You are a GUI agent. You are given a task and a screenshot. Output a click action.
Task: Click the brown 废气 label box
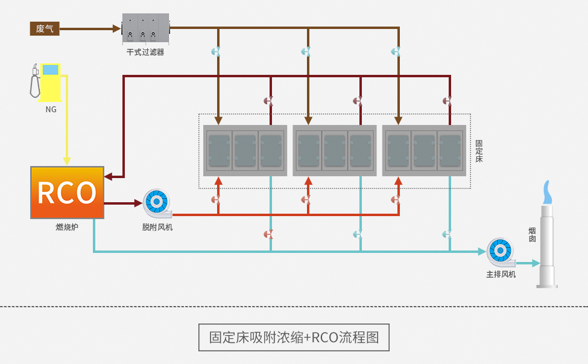point(45,28)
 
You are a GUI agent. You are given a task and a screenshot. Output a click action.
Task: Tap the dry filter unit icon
point(145,28)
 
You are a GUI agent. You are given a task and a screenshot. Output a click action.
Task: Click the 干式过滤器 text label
point(145,53)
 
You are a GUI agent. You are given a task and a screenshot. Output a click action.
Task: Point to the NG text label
point(51,109)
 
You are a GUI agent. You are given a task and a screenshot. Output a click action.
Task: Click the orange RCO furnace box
point(67,193)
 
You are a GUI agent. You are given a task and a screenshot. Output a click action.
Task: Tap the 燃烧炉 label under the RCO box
point(67,227)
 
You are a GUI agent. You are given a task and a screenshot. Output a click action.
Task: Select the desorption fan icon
point(157,203)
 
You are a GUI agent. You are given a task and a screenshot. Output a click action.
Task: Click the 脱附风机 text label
point(157,227)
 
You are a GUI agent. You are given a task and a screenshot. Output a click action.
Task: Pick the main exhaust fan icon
point(501,252)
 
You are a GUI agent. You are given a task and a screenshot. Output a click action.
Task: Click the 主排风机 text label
point(501,274)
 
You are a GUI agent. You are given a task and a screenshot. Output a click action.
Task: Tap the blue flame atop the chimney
point(547,193)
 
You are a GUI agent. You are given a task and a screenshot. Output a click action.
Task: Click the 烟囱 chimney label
point(533,235)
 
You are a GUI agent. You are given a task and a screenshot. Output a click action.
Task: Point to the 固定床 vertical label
point(479,151)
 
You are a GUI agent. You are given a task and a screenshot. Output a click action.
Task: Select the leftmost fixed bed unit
point(245,150)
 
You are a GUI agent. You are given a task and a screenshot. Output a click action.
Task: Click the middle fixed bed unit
point(334,150)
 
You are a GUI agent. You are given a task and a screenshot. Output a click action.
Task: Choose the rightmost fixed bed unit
point(424,150)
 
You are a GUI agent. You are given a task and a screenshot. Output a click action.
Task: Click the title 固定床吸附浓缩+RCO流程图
point(294,337)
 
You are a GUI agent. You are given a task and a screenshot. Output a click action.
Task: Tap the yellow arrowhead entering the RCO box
point(67,161)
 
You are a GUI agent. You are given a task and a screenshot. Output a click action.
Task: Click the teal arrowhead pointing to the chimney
point(536,263)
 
